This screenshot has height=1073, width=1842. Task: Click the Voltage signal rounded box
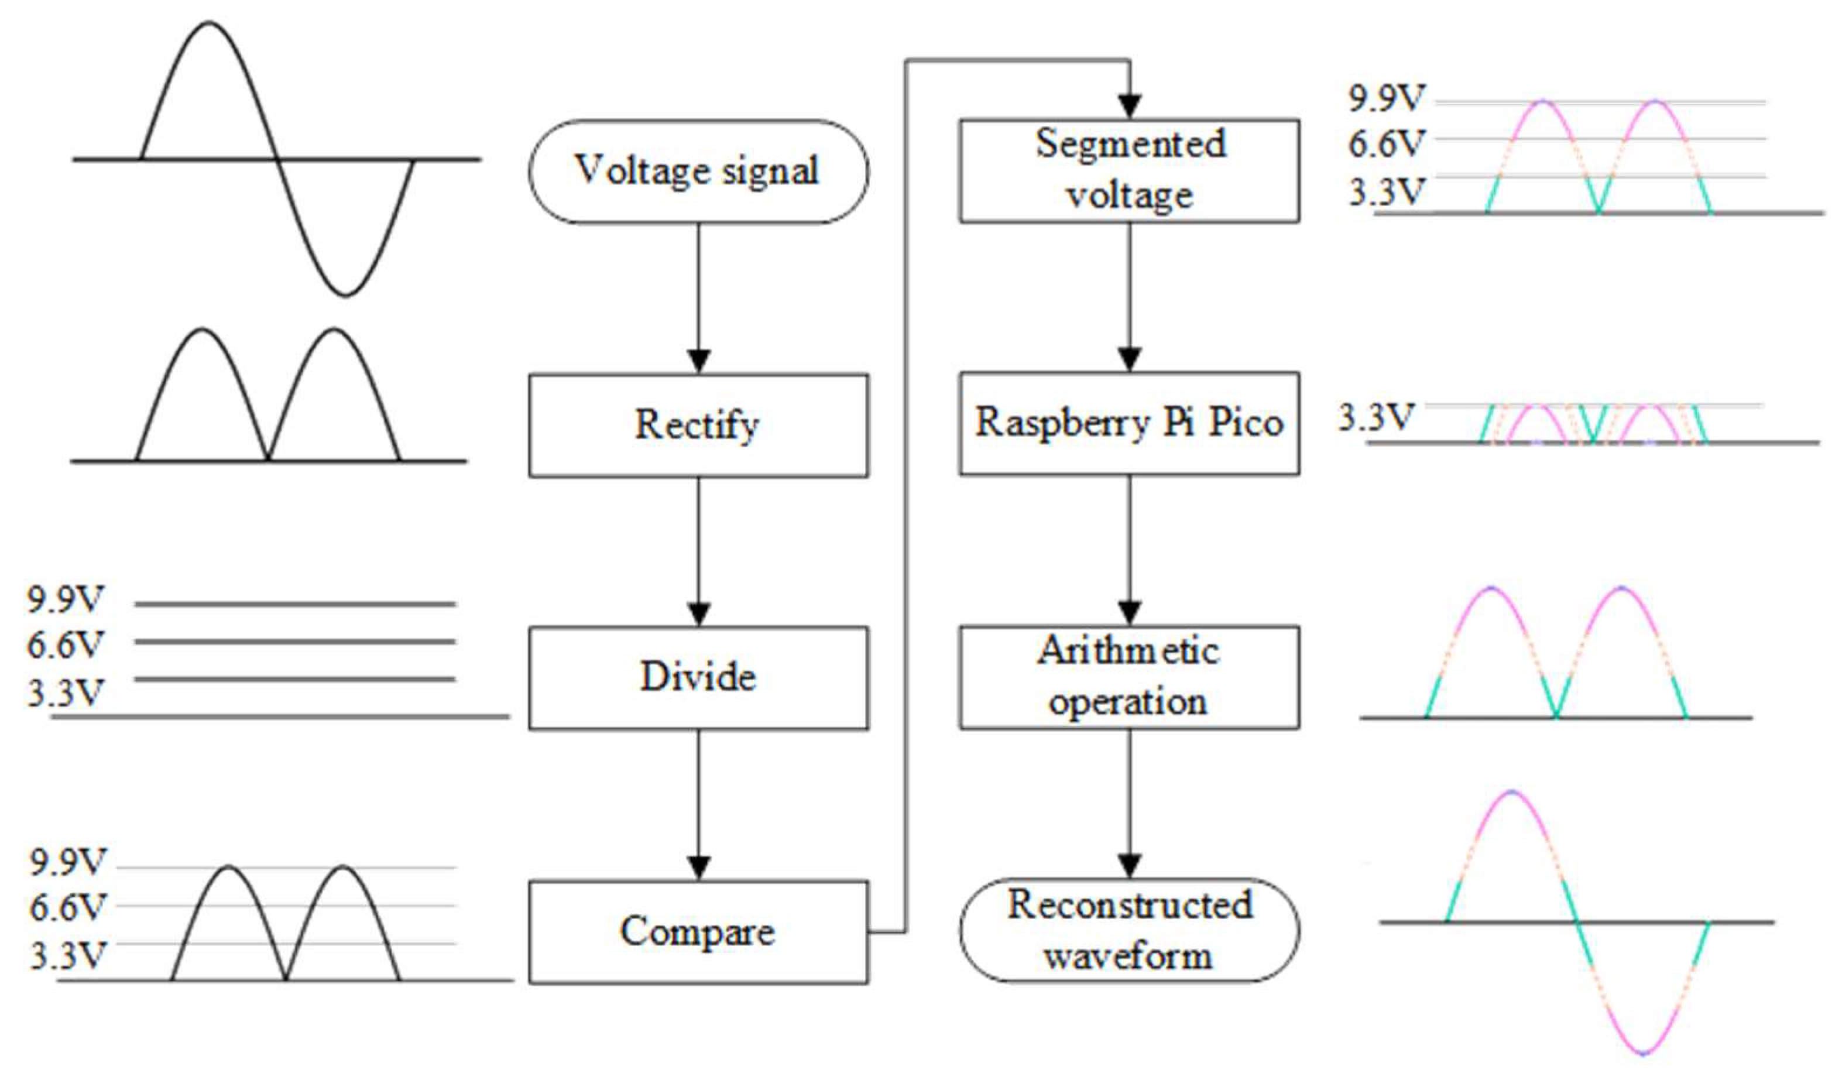pos(698,172)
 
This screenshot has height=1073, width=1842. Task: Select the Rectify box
pos(698,426)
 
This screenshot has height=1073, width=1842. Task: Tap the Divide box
pos(698,677)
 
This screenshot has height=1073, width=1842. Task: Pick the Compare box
pos(698,932)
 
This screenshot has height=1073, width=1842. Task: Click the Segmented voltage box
pos(1129,170)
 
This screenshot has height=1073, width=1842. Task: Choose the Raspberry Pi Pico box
pos(1129,423)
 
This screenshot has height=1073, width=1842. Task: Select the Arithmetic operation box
pos(1129,677)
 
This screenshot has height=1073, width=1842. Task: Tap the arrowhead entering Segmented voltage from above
pos(1130,106)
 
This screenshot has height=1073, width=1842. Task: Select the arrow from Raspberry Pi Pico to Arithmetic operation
pos(1130,548)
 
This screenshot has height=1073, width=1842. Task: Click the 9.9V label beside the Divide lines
pos(66,599)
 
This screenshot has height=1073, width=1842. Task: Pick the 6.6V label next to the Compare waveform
pos(67,908)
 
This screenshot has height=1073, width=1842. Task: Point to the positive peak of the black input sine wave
pos(209,24)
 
